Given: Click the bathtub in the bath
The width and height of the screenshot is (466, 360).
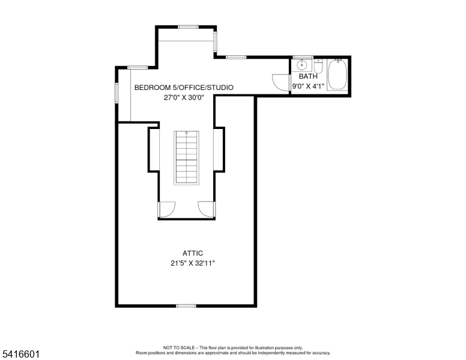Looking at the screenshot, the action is (337, 74).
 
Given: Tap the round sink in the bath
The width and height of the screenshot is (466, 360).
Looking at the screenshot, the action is (302, 64).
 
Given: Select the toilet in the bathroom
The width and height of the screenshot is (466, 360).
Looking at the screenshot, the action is (318, 66).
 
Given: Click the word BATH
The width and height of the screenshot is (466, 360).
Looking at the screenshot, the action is (308, 76).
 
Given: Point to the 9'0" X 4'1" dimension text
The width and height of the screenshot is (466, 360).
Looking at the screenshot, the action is (308, 86).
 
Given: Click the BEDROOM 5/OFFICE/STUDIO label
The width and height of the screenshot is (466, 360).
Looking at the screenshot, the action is (184, 88).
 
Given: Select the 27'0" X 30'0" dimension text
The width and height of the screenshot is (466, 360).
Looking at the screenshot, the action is (184, 97).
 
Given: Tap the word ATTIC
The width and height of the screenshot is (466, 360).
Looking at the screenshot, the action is (193, 253).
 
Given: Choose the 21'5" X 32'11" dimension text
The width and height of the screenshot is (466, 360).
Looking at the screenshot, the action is (193, 263).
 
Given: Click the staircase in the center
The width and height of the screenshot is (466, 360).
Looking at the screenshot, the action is (186, 158).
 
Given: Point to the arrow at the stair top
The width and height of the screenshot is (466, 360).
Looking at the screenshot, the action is (186, 133).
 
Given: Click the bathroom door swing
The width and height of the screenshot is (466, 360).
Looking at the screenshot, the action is (281, 82).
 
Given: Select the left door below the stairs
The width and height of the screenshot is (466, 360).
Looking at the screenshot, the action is (167, 210).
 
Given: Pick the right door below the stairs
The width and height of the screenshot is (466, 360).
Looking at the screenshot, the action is (206, 210).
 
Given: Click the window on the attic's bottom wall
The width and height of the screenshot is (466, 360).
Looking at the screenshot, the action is (186, 306).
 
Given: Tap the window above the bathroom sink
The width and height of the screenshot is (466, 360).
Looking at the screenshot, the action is (303, 57).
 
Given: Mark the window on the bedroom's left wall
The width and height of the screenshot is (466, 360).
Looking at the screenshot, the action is (116, 92).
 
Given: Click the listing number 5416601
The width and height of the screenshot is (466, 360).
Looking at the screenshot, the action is (21, 354).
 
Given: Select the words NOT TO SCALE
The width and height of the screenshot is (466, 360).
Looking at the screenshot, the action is (178, 347).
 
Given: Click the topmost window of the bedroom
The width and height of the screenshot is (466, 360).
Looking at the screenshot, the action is (188, 27).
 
